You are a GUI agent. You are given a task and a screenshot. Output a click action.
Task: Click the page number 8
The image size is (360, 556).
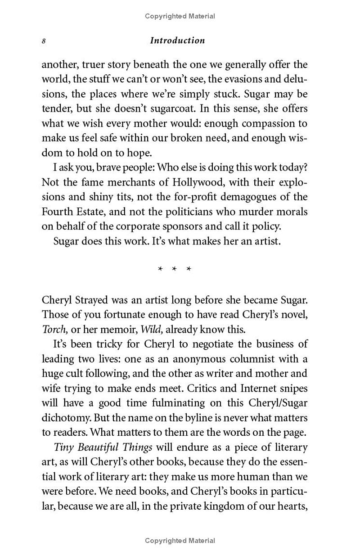pos(44,41)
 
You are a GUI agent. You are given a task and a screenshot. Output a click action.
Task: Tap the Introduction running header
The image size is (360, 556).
pos(177,41)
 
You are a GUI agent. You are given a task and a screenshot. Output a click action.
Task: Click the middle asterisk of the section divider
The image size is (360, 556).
pos(174,269)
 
